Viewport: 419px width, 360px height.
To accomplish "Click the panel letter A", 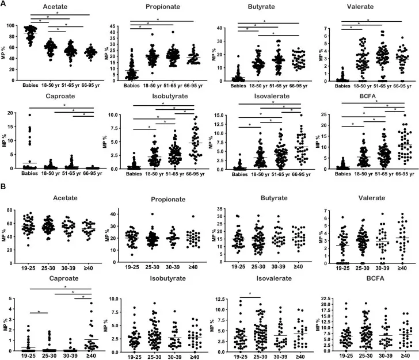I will click(4, 5).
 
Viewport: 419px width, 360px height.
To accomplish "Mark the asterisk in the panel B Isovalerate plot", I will click(249, 296).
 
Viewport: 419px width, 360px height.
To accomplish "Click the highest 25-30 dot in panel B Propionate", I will click(152, 214).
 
